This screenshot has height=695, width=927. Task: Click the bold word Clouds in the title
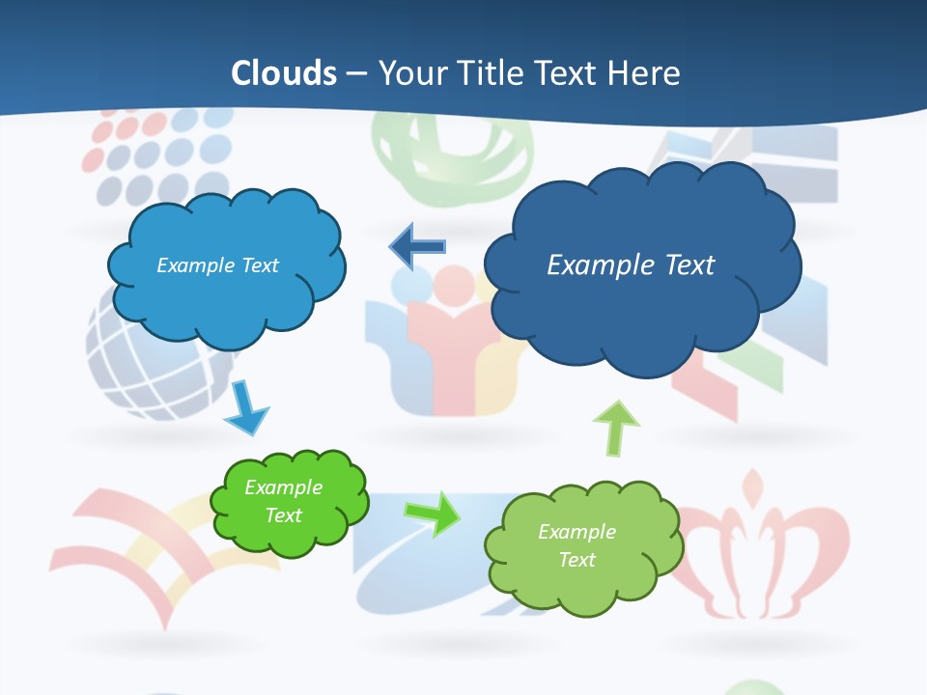[x=284, y=73]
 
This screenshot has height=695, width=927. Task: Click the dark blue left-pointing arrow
[x=416, y=246]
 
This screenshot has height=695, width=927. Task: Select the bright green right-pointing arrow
[x=433, y=514]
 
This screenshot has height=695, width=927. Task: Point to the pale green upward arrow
[x=615, y=427]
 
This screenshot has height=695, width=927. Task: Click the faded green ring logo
[x=454, y=159]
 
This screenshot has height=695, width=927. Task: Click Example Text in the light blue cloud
[x=217, y=265]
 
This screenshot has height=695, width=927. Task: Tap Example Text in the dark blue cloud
[x=631, y=265]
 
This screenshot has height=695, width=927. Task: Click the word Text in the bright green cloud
[x=284, y=515]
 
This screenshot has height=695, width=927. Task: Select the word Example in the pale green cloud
[x=576, y=532]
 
